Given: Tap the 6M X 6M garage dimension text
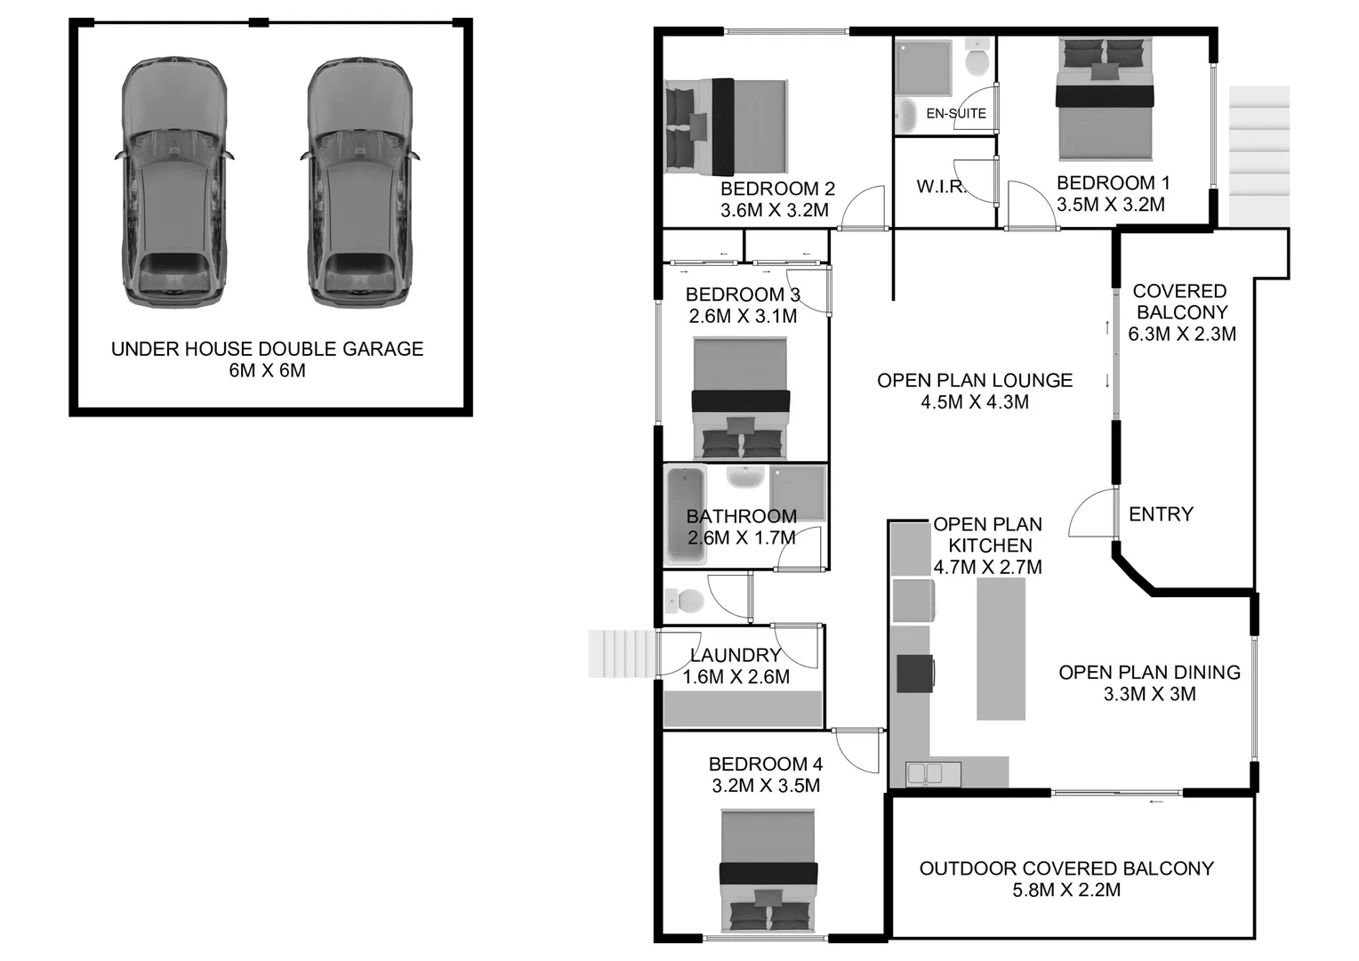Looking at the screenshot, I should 267,371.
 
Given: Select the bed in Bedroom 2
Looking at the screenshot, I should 726,127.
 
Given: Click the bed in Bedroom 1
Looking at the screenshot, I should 1104,100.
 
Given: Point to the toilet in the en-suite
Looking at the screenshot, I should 977,60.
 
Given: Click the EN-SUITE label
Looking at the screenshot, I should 956,114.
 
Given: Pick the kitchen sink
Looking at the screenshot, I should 925,773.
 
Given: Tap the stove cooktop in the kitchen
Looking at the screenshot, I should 914,673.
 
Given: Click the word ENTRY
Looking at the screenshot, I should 1161,514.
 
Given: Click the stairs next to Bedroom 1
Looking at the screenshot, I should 1258,156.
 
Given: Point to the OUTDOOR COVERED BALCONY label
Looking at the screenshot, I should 1066,868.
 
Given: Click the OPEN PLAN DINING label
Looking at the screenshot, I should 1149,673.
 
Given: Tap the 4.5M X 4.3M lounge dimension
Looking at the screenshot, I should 975,402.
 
